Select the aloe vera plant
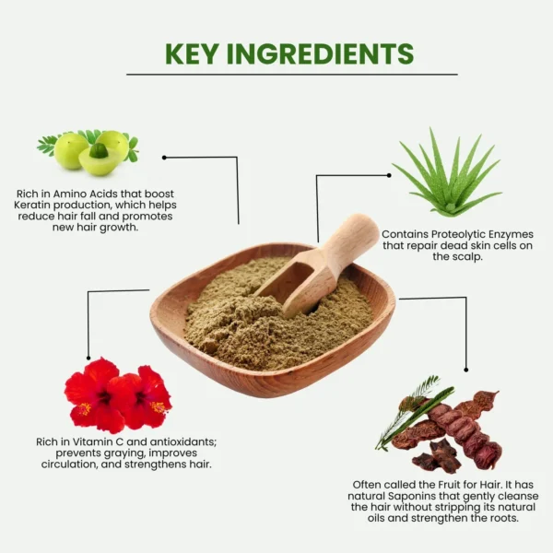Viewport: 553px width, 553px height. pyautogui.click(x=447, y=173)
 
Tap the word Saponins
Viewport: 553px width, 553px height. pyautogui.click(x=412, y=496)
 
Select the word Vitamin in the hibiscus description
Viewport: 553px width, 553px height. pyautogui.click(x=90, y=441)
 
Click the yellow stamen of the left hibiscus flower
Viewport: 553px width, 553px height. pyautogui.click(x=85, y=408)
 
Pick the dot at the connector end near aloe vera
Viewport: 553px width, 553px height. pyautogui.click(x=389, y=175)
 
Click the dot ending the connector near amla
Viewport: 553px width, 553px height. pyautogui.click(x=164, y=158)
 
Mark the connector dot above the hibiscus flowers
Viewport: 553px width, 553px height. pyautogui.click(x=88, y=358)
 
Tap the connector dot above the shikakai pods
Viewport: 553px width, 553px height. pyautogui.click(x=466, y=370)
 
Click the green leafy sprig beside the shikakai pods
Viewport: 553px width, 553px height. pyautogui.click(x=413, y=413)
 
